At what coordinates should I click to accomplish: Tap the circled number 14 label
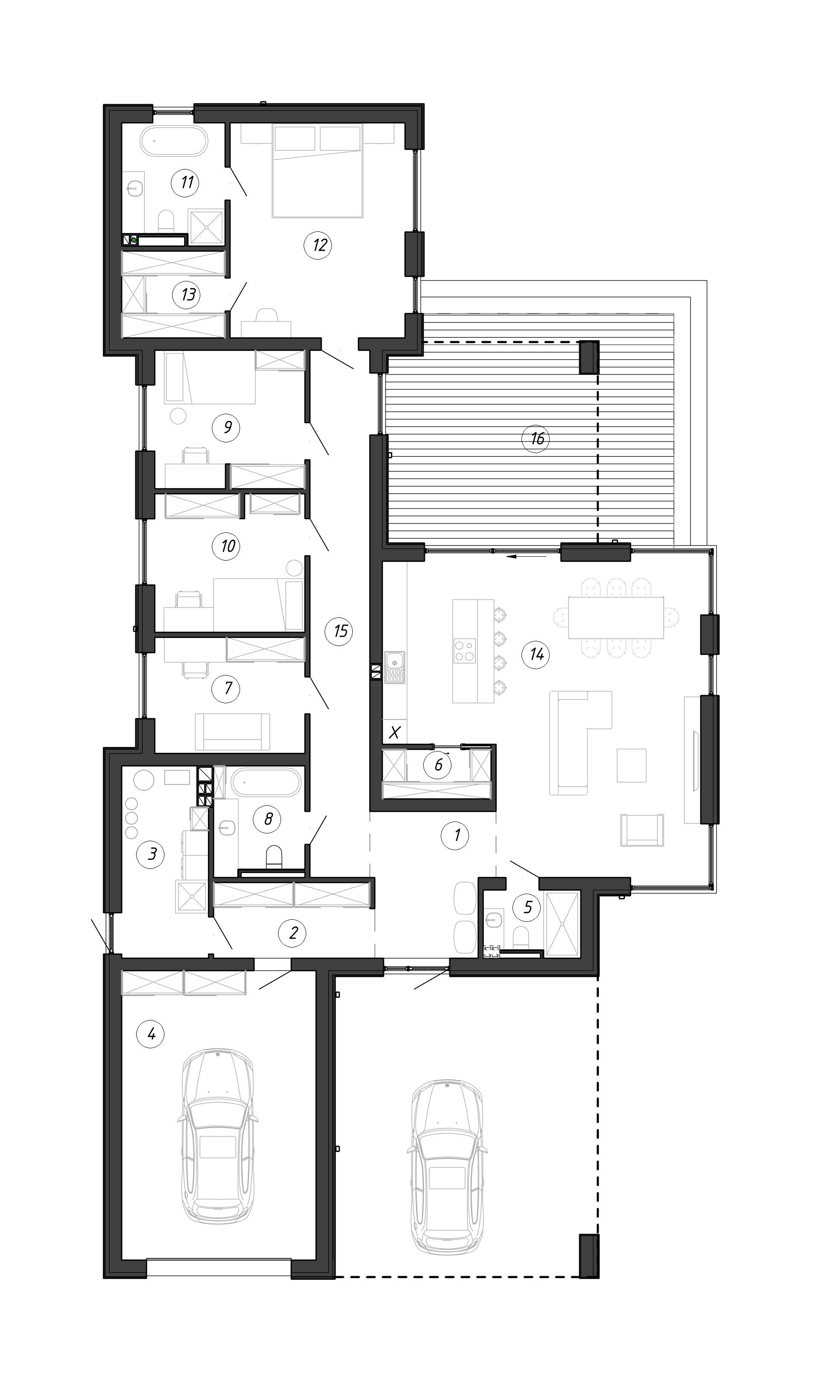pyautogui.click(x=536, y=655)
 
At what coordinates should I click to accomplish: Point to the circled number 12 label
pyautogui.click(x=318, y=245)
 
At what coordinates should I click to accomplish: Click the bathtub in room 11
pyautogui.click(x=174, y=141)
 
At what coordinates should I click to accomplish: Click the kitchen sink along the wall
pyautogui.click(x=395, y=667)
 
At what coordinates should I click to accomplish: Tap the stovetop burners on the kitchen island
pyautogui.click(x=465, y=650)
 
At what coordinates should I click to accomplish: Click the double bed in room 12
pyautogui.click(x=317, y=170)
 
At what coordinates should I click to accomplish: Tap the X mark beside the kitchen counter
pyautogui.click(x=395, y=733)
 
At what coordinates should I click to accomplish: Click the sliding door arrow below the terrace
pyautogui.click(x=527, y=557)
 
